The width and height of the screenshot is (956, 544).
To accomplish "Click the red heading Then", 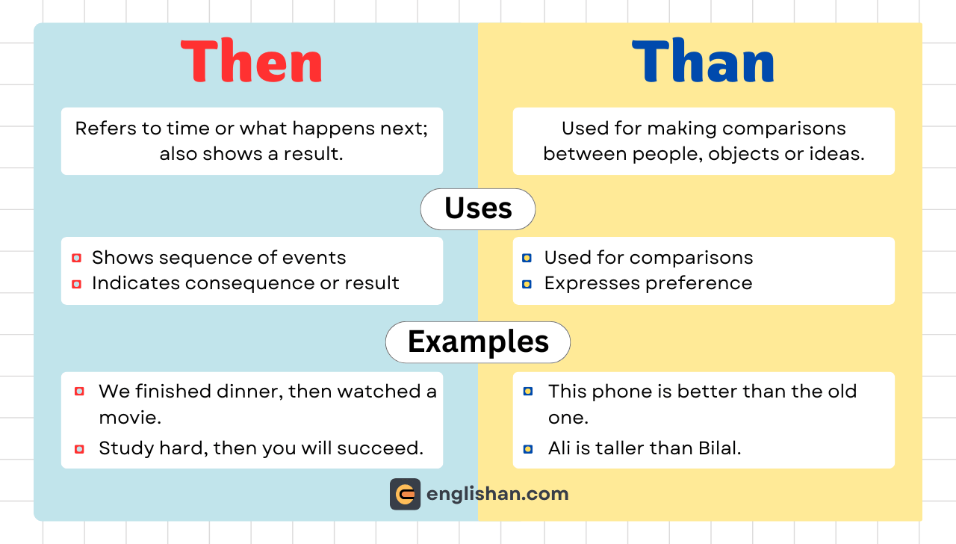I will coord(252,61).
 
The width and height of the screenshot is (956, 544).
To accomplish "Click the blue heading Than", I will coord(703,61).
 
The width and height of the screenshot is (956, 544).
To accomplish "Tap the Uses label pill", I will coord(478,208).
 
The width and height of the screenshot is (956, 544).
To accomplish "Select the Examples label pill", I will coord(478,342).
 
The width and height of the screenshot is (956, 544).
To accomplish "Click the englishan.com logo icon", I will coord(405,494).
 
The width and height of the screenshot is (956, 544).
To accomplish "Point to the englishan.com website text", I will coord(497,494).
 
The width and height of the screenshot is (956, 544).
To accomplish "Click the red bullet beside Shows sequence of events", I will coord(76,259).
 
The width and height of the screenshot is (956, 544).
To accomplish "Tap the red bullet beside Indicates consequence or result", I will coord(76,284).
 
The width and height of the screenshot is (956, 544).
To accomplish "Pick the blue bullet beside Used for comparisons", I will coord(527,259).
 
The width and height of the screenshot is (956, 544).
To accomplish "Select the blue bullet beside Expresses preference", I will coord(527,284).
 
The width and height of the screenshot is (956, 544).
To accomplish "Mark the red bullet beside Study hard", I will coord(79,449).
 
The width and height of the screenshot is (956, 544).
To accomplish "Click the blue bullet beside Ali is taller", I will coord(528,449).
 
